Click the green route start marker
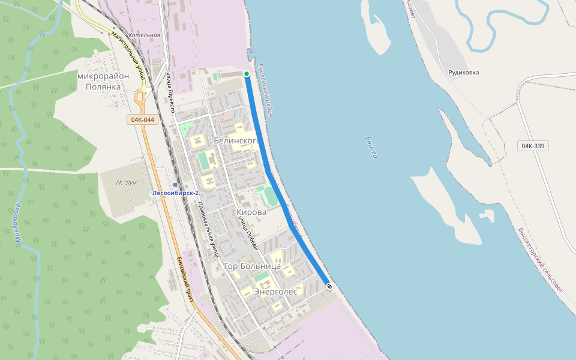click(x=247, y=74)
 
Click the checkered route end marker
click(x=329, y=286)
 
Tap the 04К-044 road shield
click(x=142, y=119)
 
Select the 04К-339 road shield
click(x=533, y=146)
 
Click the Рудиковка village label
click(x=464, y=73)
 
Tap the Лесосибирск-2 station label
click(x=175, y=193)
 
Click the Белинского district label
click(x=236, y=140)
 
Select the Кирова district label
click(x=251, y=212)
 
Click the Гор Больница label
click(x=252, y=266)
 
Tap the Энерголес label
click(x=276, y=291)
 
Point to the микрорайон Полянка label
click(x=103, y=82)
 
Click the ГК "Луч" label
click(x=127, y=182)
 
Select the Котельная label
click(x=145, y=35)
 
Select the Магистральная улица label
click(x=128, y=55)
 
